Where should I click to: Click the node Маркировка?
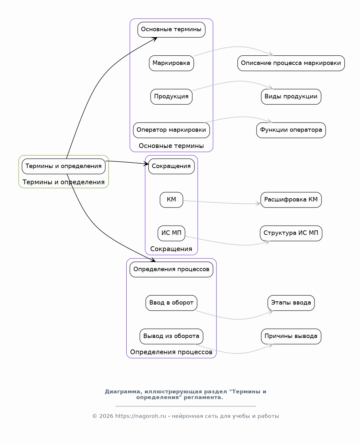click(171, 63)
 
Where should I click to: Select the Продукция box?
click(171, 97)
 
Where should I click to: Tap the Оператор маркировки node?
click(171, 130)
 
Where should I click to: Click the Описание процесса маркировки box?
click(291, 63)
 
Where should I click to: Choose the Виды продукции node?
click(291, 97)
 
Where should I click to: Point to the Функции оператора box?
click(291, 130)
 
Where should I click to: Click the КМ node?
click(171, 200)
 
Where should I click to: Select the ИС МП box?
click(171, 233)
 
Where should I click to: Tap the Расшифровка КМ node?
click(291, 200)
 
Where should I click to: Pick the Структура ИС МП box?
click(291, 233)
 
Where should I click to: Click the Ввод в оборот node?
click(171, 303)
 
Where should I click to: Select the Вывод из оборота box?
click(171, 336)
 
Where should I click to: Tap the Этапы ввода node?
click(291, 303)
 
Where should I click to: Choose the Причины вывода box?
click(291, 336)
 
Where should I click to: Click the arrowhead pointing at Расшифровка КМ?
click(258, 204)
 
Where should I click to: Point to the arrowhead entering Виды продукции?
click(271, 87)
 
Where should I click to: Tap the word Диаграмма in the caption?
click(124, 392)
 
